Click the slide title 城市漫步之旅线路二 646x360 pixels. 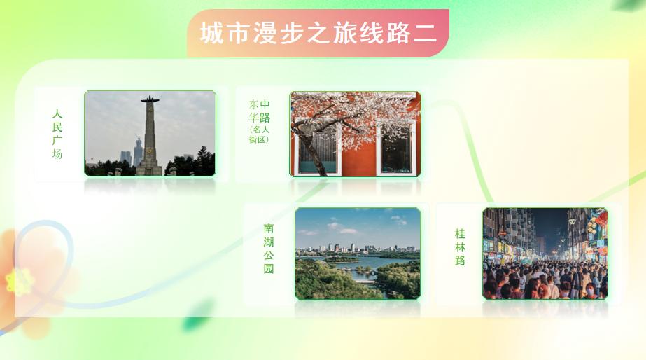point(318,33)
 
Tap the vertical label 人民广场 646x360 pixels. point(57,134)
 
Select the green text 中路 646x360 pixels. point(265,111)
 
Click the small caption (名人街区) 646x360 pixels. point(259,134)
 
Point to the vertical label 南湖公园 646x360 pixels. point(269,249)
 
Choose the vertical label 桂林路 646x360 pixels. point(461,247)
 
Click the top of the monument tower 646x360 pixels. point(150,99)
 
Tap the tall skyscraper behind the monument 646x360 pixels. point(138,152)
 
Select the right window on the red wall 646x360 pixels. point(396,148)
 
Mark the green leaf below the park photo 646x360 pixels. point(197,315)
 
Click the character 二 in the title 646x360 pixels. point(425,34)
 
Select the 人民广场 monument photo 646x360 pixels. point(150,134)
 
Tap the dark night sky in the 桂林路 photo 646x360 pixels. point(552,223)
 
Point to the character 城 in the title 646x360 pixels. point(211,33)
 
